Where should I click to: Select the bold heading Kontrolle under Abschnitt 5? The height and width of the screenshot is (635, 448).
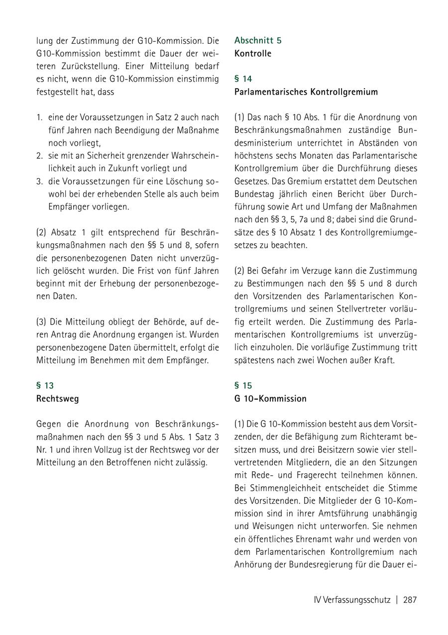point(253,54)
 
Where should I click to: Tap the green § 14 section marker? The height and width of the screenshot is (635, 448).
point(243,79)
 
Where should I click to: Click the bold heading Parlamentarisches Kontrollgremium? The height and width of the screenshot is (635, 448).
point(306,92)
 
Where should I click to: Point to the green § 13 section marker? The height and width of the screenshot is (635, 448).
point(45,386)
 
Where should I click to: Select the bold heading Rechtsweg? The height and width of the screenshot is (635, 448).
point(57,399)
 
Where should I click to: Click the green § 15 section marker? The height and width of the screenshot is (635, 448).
point(243,386)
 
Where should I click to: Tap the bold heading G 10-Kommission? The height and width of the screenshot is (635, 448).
point(270,399)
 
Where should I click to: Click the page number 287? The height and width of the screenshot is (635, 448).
point(410,600)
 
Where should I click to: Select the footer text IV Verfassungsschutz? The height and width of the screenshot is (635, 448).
point(352,600)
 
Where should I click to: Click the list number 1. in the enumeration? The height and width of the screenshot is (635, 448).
point(39,117)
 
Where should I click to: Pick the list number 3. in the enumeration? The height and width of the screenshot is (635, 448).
point(39,181)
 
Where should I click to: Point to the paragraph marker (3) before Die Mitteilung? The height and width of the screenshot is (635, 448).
point(41,321)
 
